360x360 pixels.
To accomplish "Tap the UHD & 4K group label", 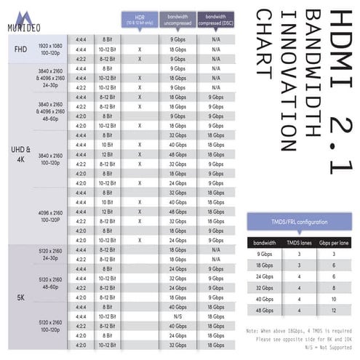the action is tap(20, 154).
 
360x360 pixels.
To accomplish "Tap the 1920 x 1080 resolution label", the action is tap(51, 45).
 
